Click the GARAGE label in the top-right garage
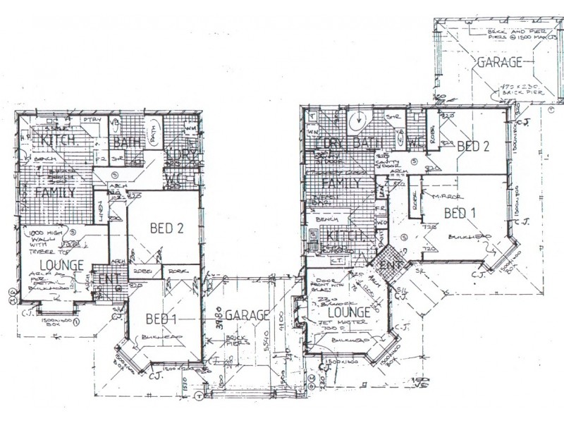(500, 62)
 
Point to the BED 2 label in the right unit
(472, 146)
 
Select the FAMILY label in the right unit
(336, 184)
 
